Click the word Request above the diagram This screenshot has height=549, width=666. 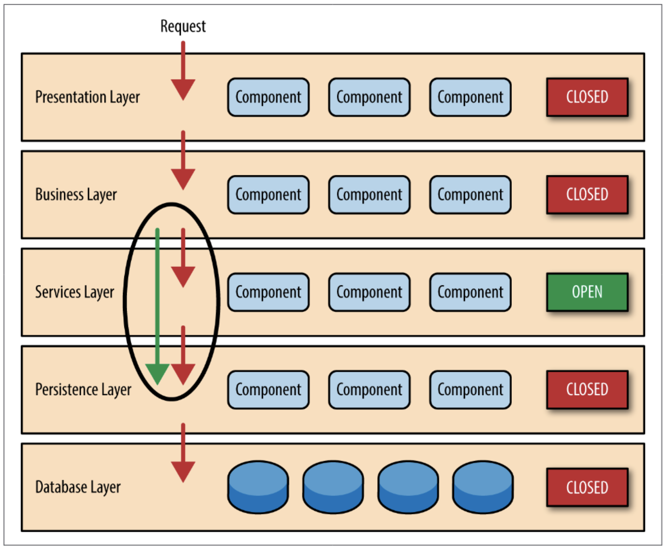pos(183,27)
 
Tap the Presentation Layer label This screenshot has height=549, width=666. pos(87,97)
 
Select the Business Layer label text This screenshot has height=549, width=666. pos(76,195)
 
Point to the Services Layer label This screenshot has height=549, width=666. pos(74,292)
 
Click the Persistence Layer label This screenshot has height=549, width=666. pos(83,390)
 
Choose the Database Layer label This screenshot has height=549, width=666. pos(78,487)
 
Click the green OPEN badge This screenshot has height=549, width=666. pos(587,292)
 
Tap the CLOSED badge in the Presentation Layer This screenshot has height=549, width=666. pos(587,97)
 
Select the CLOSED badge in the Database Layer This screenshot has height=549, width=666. pos(587,487)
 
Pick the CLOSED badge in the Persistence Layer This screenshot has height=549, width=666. pos(587,390)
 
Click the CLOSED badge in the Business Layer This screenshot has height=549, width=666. pos(587,195)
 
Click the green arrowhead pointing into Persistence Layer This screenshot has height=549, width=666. pos(157,373)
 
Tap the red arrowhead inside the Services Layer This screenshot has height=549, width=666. pos(183,276)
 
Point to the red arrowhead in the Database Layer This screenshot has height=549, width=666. pos(183,470)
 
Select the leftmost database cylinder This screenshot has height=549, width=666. pos(258,487)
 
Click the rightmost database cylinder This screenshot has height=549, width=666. pos(482,487)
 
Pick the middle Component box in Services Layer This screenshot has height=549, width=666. pos(369,292)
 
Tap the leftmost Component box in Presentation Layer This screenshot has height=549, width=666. pos(268,97)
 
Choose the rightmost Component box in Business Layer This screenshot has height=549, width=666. pos(470,195)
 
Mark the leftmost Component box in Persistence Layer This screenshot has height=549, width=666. pos(268,390)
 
